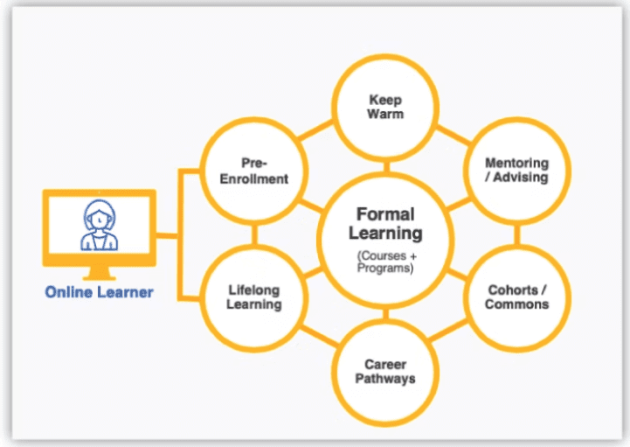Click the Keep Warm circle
(x=386, y=108)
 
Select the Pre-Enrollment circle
(x=253, y=170)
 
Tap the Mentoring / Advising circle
(x=516, y=170)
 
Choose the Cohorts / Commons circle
(x=517, y=297)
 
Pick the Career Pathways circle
(x=386, y=371)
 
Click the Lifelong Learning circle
(x=253, y=297)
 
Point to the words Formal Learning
(x=385, y=223)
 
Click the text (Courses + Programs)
(x=385, y=262)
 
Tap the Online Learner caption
(x=99, y=292)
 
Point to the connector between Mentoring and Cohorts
(x=517, y=234)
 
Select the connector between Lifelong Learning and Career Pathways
(x=320, y=337)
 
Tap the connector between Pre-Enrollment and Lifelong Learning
(x=253, y=234)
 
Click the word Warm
(x=386, y=114)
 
